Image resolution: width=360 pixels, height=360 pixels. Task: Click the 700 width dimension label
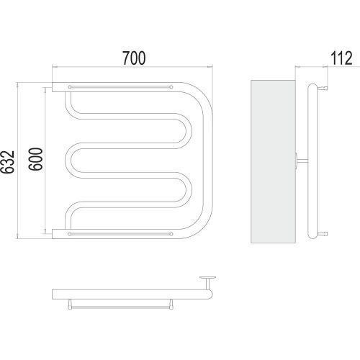click(x=134, y=58)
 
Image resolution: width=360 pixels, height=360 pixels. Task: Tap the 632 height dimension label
click(x=7, y=162)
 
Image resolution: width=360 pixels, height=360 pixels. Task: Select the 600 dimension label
click(x=35, y=159)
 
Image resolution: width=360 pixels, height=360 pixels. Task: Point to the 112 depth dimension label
click(x=341, y=58)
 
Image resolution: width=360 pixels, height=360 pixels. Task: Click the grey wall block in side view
click(x=273, y=161)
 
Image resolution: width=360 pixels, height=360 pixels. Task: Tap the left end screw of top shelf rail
click(x=70, y=87)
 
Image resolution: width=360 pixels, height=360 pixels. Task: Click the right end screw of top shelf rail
click(x=171, y=87)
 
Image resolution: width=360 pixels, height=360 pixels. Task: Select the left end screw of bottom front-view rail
click(x=70, y=234)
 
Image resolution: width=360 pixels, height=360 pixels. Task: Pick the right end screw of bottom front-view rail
click(x=171, y=234)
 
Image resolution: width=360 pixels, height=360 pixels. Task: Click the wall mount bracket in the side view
click(x=302, y=161)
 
